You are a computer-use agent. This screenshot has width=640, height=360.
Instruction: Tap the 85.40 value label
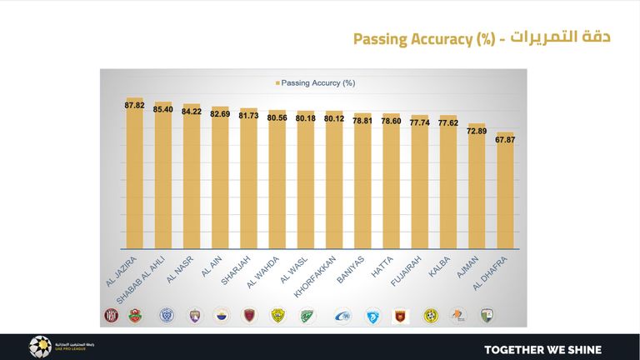163,109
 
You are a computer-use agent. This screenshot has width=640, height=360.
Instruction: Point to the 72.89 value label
477,131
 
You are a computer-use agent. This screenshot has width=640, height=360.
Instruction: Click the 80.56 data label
277,117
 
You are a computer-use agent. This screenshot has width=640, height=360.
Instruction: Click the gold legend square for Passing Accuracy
276,83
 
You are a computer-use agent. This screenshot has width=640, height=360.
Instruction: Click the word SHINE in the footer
580,349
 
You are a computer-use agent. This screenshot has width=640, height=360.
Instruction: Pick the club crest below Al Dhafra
486,315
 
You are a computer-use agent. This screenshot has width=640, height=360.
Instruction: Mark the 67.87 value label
505,139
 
